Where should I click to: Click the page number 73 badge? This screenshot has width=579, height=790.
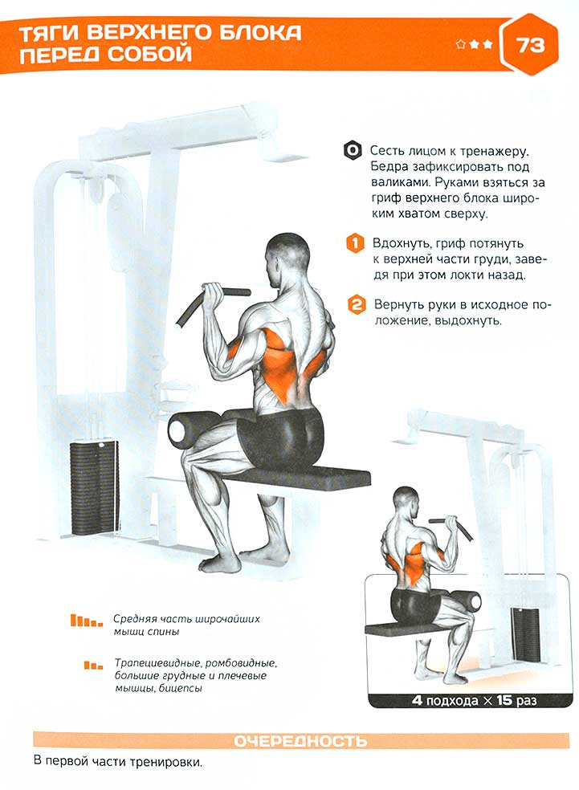pyautogui.click(x=528, y=44)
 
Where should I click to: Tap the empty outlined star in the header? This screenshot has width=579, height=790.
pyautogui.click(x=460, y=45)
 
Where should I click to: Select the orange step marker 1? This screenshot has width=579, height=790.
pyautogui.click(x=355, y=243)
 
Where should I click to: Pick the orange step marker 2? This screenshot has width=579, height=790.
pyautogui.click(x=357, y=305)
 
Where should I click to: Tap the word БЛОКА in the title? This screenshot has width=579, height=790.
pyautogui.click(x=256, y=33)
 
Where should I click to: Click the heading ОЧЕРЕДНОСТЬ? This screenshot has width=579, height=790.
pyautogui.click(x=300, y=741)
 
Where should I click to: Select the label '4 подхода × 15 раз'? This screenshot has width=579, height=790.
pyautogui.click(x=474, y=700)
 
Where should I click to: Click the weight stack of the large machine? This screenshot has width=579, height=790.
pyautogui.click(x=94, y=487)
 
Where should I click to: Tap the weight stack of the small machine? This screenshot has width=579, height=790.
pyautogui.click(x=525, y=635)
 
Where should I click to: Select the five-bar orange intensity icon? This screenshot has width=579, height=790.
pyautogui.click(x=87, y=621)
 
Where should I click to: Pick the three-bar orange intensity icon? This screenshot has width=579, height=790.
pyautogui.click(x=93, y=666)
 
